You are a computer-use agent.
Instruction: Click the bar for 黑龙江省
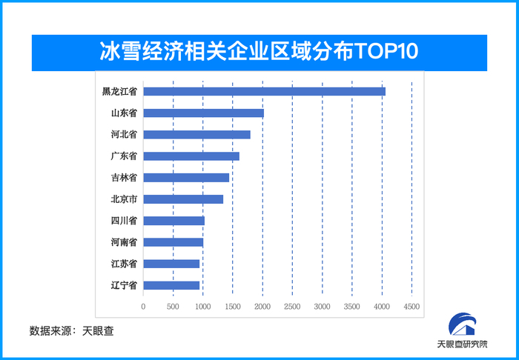pyautogui.click(x=264, y=91)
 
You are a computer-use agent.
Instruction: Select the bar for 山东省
pyautogui.click(x=203, y=113)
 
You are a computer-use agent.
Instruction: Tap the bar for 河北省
pyautogui.click(x=196, y=135)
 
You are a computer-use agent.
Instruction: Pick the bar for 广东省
pyautogui.click(x=191, y=156)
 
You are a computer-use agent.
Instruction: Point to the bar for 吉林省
pyautogui.click(x=186, y=178)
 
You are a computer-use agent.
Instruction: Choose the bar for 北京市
pyautogui.click(x=183, y=199)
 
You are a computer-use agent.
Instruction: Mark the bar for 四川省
pyautogui.click(x=173, y=221)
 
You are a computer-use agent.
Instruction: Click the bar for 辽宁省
pyautogui.click(x=171, y=285)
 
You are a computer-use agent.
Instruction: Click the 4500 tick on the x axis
pyautogui.click(x=411, y=306)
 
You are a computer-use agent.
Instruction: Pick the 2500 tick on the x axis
pyautogui.click(x=292, y=306)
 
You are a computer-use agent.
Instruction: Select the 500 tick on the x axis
pyautogui.click(x=173, y=306)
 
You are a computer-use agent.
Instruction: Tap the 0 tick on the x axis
pyautogui.click(x=143, y=306)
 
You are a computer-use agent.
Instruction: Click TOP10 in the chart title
pyautogui.click(x=386, y=51)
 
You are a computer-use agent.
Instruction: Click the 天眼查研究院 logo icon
pyautogui.click(x=462, y=324)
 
